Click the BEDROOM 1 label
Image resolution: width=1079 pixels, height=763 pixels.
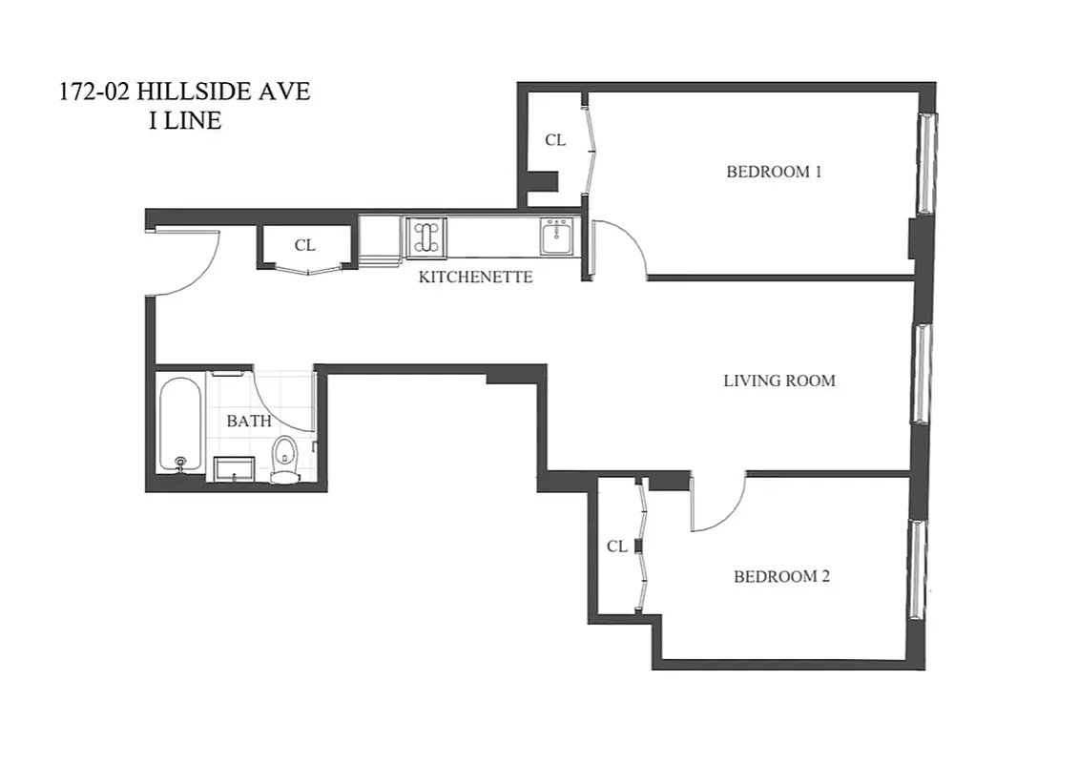point(774,173)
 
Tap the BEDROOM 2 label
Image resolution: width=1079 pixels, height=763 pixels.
point(781,577)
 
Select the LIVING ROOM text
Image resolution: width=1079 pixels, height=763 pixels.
point(778,381)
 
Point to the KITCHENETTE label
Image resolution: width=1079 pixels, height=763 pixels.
point(475,278)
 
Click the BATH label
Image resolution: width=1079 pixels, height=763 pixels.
point(248,421)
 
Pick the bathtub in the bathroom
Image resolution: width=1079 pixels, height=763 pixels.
point(180,424)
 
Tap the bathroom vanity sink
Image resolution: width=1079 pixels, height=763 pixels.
point(234,468)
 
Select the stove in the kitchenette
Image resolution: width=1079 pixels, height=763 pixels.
point(425,237)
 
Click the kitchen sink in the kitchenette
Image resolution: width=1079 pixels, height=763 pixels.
point(555,237)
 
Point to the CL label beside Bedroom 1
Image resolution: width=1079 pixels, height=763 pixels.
point(554,140)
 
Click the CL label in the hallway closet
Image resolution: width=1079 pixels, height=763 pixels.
point(304,245)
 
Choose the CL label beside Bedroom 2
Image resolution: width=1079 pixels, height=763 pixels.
point(617,546)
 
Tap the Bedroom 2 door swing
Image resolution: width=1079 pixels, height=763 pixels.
point(717,504)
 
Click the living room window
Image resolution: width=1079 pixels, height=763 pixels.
point(921,373)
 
